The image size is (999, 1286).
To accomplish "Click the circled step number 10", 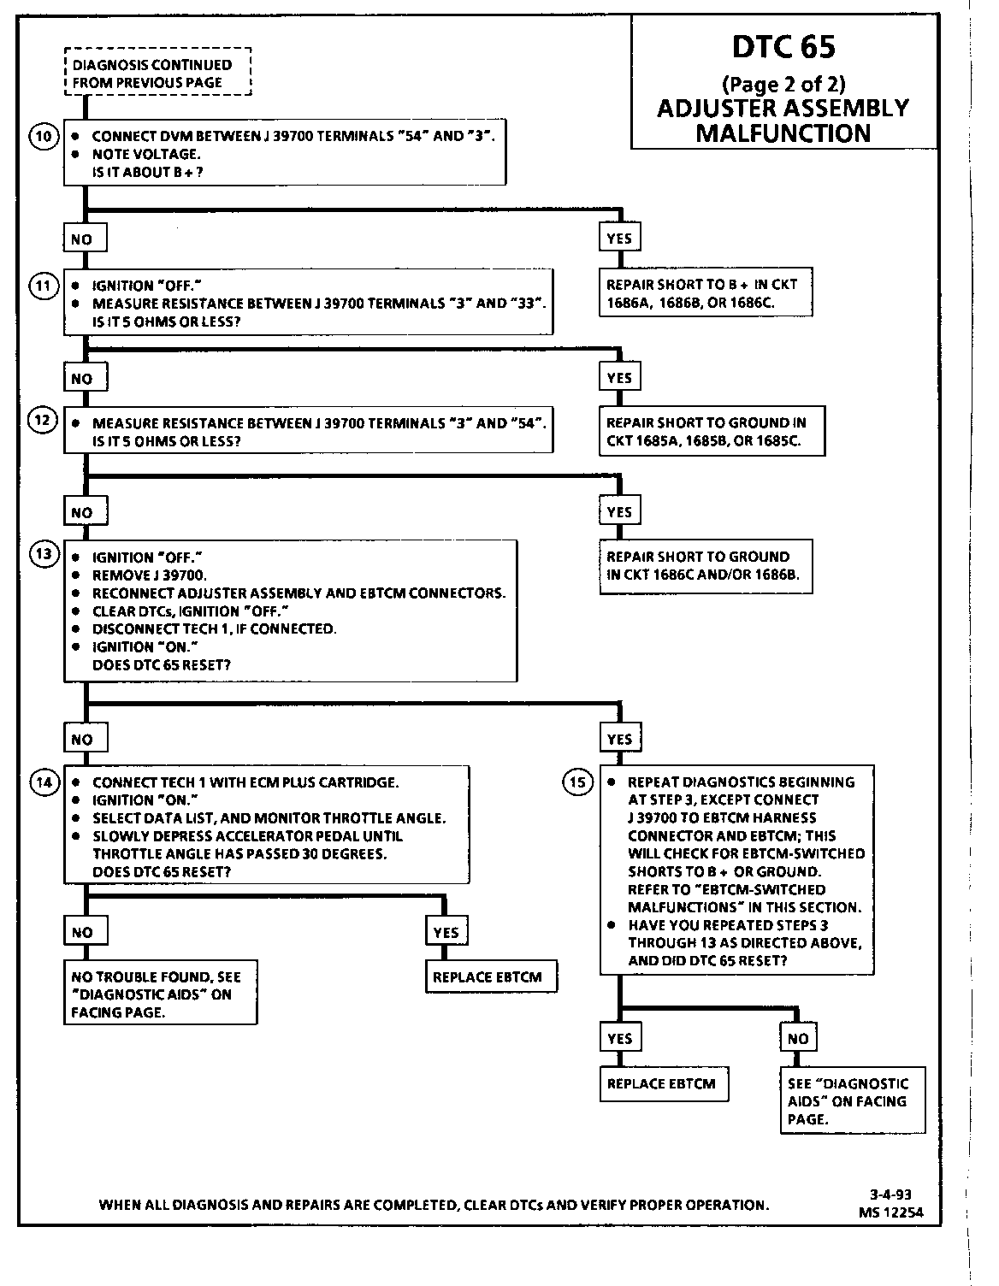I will click(x=44, y=136).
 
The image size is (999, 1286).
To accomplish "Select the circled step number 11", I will click(x=44, y=286).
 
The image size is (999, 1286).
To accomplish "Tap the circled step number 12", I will click(x=44, y=420).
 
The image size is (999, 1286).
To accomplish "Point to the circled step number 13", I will click(x=44, y=554).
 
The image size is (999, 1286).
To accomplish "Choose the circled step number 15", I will click(x=578, y=782).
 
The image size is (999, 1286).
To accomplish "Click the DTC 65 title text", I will click(x=783, y=48).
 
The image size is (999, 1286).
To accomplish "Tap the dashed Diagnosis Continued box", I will click(x=157, y=74).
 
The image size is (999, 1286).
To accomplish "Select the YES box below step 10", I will click(x=619, y=239).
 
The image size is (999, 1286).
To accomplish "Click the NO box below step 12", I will click(x=82, y=513).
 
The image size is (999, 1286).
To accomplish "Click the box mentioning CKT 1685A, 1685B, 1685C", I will click(x=712, y=432).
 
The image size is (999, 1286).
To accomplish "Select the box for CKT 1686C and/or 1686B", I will click(x=706, y=566).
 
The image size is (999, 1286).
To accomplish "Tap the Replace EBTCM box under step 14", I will click(x=491, y=977).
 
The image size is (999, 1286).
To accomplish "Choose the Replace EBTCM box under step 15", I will click(x=660, y=1084).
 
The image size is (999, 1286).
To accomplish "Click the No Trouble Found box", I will click(x=161, y=994).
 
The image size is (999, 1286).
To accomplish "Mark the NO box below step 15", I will click(x=798, y=1038).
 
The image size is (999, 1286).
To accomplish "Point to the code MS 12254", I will click(x=891, y=1212).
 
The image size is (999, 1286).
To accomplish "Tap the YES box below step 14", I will click(x=446, y=933).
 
